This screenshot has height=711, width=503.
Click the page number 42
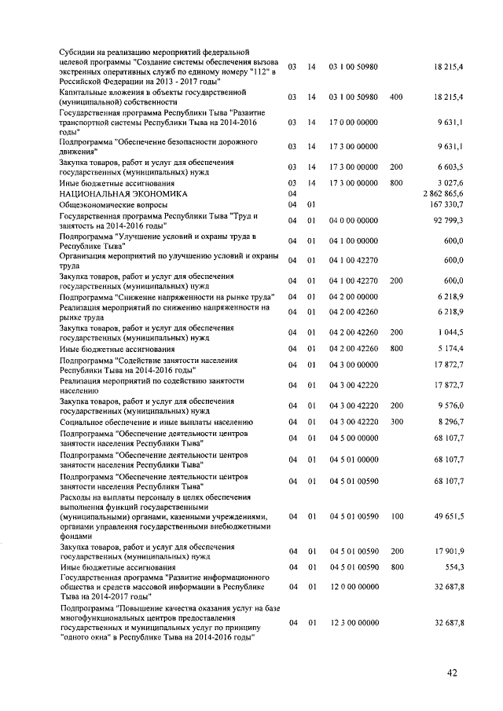coord(451,672)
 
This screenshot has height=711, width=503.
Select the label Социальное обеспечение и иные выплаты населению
coord(156,422)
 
